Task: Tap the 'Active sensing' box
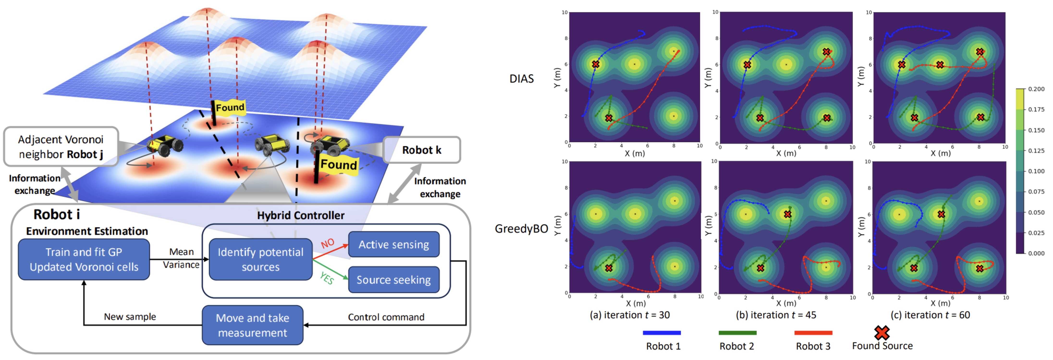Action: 394,244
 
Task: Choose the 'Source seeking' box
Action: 394,280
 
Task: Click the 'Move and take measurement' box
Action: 253,325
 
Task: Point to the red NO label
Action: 327,244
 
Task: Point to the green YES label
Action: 327,278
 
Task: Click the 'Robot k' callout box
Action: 422,150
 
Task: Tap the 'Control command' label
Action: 386,317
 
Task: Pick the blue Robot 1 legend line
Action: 661,333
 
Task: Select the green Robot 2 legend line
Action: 737,333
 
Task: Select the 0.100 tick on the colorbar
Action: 1036,171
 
